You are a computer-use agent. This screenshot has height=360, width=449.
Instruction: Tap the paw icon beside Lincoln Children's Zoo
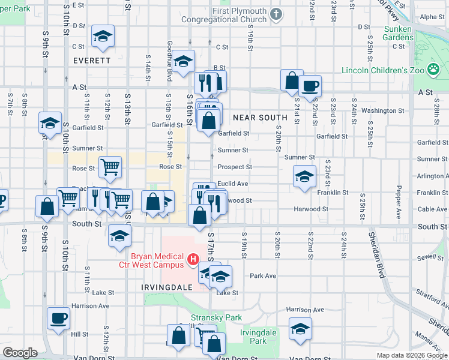[433, 70]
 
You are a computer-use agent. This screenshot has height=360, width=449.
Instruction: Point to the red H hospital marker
[193, 260]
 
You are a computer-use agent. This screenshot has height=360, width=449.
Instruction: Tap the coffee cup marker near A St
[310, 85]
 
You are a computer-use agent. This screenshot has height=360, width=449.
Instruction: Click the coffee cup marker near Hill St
[58, 318]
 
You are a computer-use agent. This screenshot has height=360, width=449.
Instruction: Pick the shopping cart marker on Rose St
[110, 167]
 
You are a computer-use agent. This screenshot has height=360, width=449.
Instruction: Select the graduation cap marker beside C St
[103, 36]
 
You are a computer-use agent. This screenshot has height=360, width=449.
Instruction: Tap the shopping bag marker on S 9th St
[47, 206]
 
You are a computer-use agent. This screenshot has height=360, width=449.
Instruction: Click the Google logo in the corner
[20, 353]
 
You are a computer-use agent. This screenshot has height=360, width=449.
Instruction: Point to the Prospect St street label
[234, 167]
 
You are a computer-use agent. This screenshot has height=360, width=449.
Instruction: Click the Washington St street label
[382, 110]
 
